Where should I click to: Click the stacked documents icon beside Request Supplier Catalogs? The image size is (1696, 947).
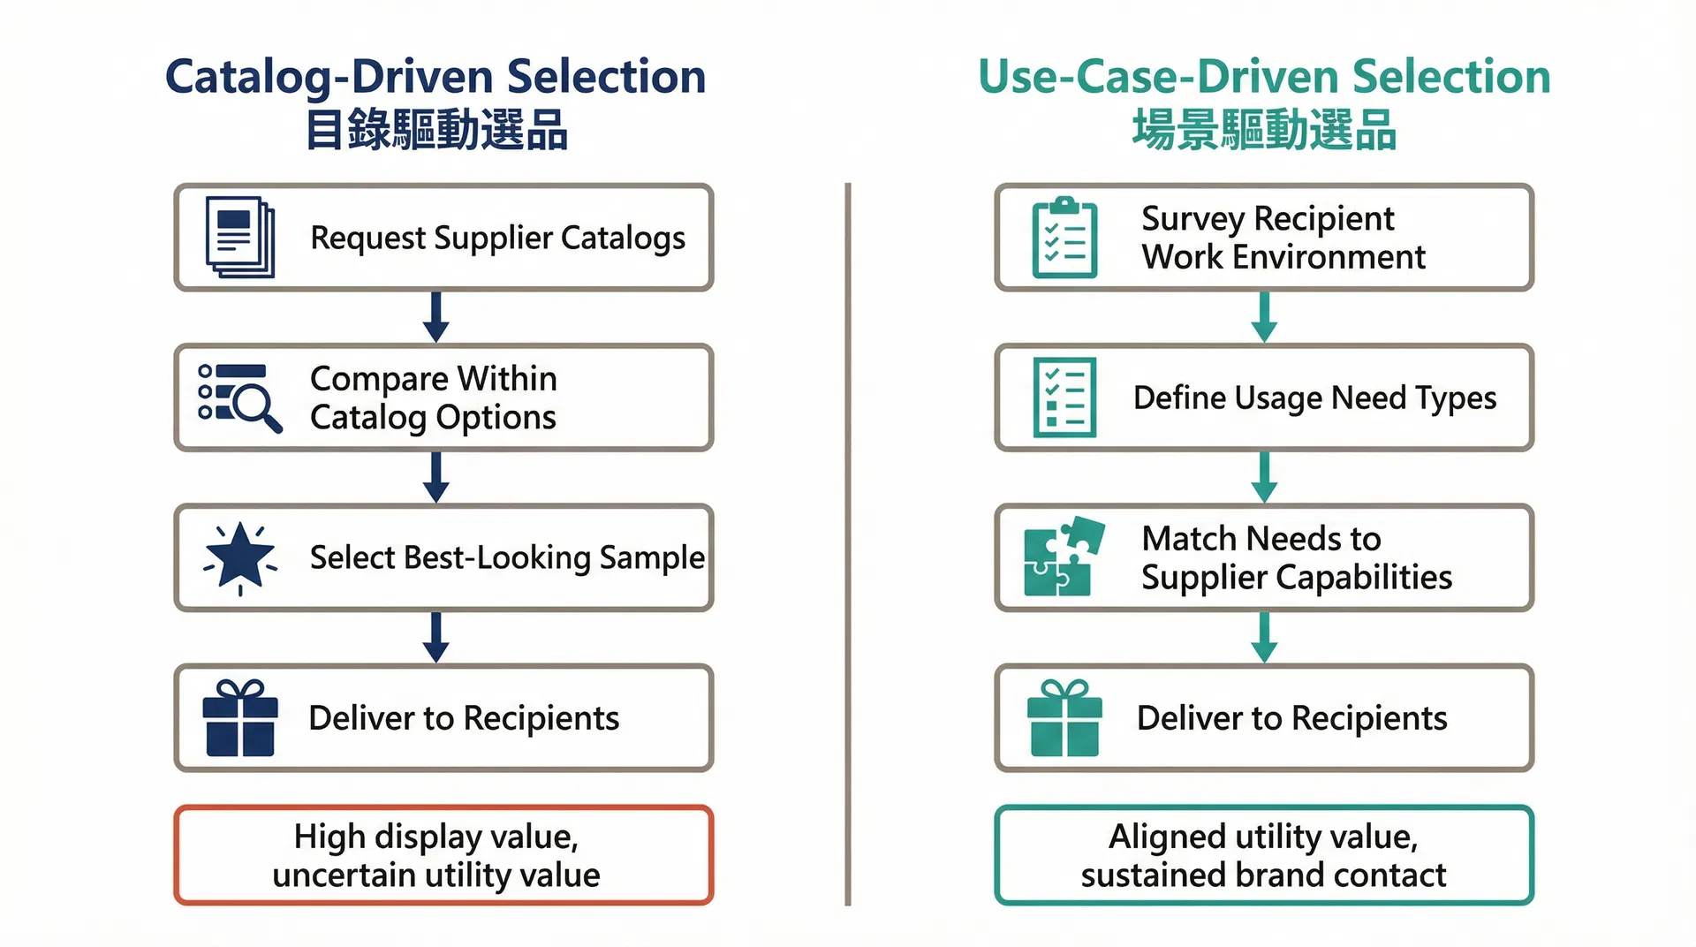239,237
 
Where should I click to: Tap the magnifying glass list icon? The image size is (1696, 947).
239,398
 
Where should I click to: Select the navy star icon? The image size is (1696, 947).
239,557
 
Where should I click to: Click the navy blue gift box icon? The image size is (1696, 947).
239,718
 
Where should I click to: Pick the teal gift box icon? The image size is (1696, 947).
1064,718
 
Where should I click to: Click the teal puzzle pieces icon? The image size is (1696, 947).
1064,557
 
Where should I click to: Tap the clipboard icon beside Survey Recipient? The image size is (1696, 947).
1064,237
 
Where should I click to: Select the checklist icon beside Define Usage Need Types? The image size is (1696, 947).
1064,398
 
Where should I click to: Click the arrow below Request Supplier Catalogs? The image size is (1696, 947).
435,317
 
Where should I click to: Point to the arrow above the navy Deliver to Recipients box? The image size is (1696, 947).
435,637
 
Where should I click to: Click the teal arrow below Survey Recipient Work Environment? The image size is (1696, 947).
1264,317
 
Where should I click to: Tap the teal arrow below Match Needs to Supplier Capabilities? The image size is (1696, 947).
1264,637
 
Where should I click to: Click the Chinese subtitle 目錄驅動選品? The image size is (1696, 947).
435,131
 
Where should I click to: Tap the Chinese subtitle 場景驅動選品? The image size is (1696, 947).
1264,131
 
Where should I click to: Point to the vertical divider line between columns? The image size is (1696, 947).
848,543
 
